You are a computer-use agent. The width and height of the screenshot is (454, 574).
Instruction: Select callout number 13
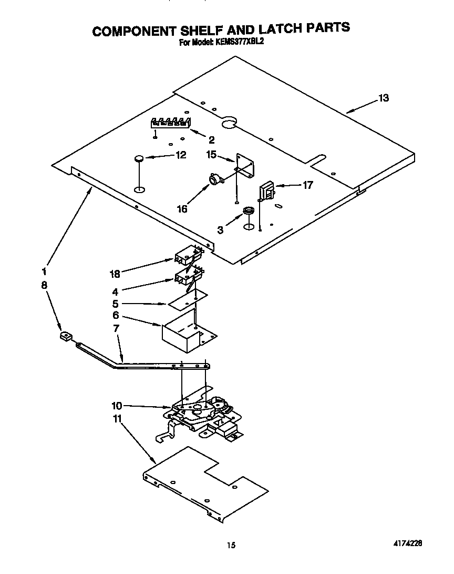pos(384,98)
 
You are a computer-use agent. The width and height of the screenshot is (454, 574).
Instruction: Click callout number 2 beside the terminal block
pos(211,140)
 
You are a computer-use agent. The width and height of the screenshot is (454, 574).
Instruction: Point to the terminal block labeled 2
pos(170,123)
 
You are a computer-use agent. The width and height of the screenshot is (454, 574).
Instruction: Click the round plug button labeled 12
pos(139,157)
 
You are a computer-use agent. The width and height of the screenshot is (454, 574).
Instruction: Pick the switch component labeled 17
pos(267,190)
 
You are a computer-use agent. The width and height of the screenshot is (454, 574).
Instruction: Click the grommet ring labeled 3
pos(248,212)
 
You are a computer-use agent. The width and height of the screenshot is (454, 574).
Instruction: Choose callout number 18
pos(115,274)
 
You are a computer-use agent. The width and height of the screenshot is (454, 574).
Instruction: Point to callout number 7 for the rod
pos(116,328)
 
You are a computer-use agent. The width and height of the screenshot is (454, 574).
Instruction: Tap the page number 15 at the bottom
pos(230,546)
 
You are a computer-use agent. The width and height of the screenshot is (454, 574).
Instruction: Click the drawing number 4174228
pos(408,542)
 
